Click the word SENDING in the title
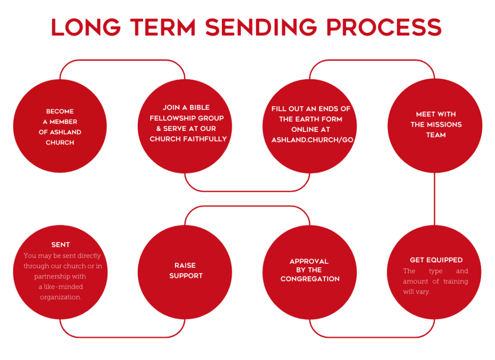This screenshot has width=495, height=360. point(261,27)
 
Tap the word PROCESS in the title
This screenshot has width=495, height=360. point(384,27)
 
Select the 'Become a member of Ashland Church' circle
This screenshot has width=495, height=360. point(60,126)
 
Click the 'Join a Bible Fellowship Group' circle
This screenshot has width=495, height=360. point(185,126)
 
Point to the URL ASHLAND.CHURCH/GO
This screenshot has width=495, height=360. point(312,140)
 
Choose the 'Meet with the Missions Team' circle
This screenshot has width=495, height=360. point(435,126)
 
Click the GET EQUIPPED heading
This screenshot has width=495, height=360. point(436,260)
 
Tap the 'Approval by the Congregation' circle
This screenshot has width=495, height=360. point(310,272)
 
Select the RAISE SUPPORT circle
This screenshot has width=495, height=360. point(185,272)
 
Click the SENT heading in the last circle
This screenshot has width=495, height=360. point(60,245)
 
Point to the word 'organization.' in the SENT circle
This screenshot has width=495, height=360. point(60,297)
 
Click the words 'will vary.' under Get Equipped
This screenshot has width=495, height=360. point(417,292)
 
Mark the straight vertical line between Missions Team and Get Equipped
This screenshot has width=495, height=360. point(435,199)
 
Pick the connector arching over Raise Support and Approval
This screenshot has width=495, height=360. point(247,206)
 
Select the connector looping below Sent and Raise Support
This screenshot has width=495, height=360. point(122,337)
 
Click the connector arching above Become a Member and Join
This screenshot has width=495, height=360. point(122,60)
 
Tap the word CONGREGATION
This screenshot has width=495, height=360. point(310,279)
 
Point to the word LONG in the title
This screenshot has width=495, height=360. point(86,27)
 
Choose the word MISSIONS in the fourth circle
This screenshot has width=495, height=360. point(444,124)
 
